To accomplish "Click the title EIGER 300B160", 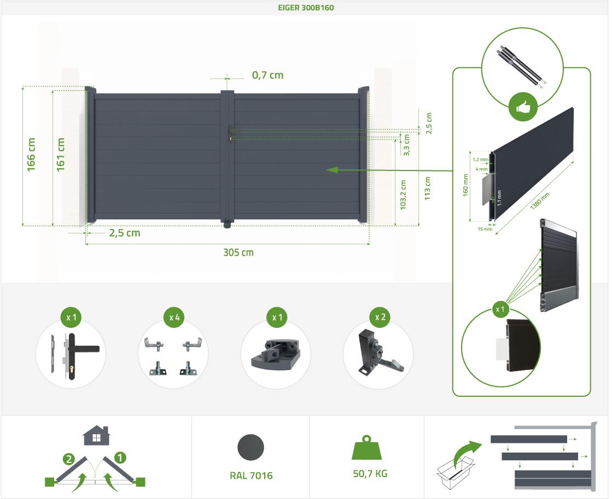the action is [306, 8].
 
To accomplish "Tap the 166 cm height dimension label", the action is [31, 155].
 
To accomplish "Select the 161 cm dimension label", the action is [61, 155].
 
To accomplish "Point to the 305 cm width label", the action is [238, 253].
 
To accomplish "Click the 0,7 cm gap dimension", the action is [268, 75].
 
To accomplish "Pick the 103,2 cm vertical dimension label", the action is [403, 195].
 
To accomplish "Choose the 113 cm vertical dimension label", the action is [427, 189].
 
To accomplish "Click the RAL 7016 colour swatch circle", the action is [250, 448].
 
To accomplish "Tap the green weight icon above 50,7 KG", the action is [366, 448].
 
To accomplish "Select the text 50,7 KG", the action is [370, 474].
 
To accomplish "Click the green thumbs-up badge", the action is [523, 107].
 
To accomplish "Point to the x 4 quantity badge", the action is [174, 318].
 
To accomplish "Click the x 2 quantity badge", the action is [380, 317].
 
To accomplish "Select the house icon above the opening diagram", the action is [96, 436].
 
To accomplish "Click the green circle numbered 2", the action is [69, 459].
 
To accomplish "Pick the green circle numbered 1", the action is [120, 457].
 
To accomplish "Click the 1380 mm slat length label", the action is [540, 201].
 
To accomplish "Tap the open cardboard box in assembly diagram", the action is [454, 472].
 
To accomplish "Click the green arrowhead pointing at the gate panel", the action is [332, 170].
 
